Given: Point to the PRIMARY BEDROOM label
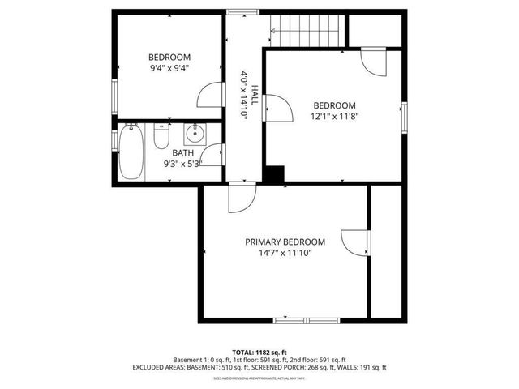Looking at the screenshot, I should click(x=285, y=242).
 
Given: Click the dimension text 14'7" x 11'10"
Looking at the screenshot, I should click(x=285, y=253).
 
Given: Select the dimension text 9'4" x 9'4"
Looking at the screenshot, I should click(x=169, y=68).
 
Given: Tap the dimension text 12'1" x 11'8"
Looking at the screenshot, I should click(x=335, y=116).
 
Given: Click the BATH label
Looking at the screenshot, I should click(x=182, y=152).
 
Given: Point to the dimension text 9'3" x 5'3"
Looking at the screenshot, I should click(x=182, y=163).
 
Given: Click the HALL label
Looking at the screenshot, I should click(x=254, y=96).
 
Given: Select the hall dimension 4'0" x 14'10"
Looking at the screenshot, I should click(x=243, y=96).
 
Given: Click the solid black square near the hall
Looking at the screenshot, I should click(x=274, y=174).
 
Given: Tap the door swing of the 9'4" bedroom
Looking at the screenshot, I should click(x=211, y=96).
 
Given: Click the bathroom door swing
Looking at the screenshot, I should click(x=212, y=156).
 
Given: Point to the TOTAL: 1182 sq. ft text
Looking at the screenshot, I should click(x=259, y=353).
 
